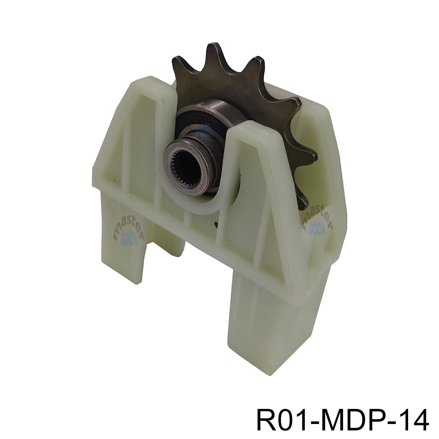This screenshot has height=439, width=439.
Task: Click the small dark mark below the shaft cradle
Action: click(216, 223)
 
